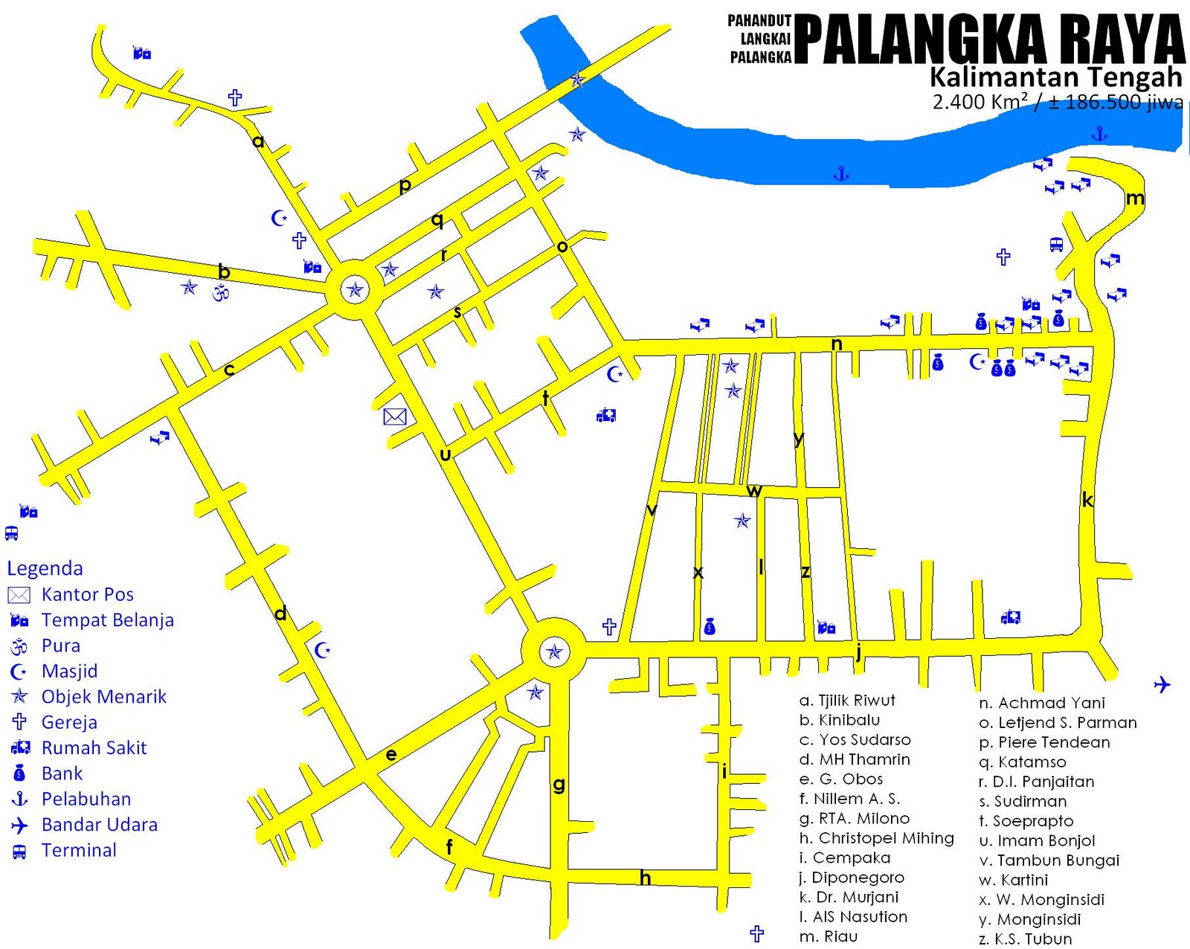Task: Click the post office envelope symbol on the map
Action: [395, 416]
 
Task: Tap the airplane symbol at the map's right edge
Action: [1162, 684]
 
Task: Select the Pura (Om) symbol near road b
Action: [221, 293]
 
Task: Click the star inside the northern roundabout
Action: [355, 289]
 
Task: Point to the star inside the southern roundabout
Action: [554, 652]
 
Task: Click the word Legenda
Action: [45, 568]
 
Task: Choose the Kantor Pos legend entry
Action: [87, 594]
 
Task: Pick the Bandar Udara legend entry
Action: [99, 825]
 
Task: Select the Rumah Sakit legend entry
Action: [94, 747]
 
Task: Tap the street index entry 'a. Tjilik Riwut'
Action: [847, 701]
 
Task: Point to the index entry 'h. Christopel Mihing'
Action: [877, 838]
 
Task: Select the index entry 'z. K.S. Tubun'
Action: [1026, 939]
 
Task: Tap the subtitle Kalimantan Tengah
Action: [1055, 77]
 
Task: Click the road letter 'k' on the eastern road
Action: [1087, 500]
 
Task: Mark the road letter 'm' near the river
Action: [1135, 198]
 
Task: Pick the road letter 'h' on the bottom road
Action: [645, 878]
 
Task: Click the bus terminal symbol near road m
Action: [1056, 244]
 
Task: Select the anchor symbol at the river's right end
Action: [1099, 134]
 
